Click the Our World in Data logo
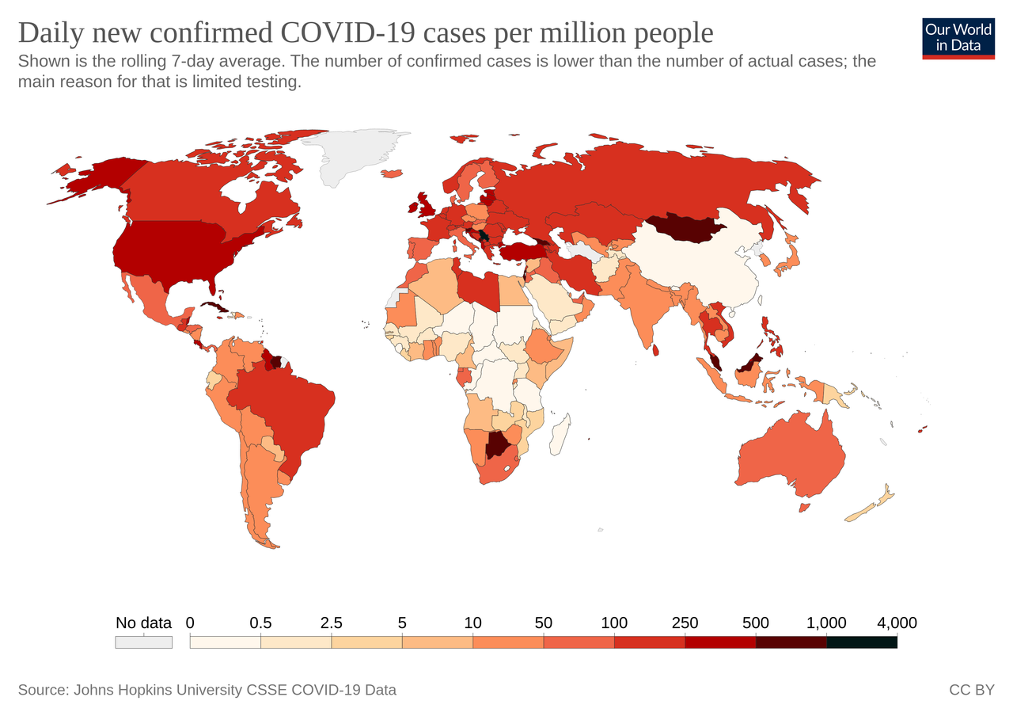coord(958,37)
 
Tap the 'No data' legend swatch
coord(143,642)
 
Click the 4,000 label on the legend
coord(897,623)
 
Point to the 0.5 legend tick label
coord(260,623)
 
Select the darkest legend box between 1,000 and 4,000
coord(862,642)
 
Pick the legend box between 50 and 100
coord(579,642)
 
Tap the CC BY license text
coord(971,690)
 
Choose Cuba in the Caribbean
coord(214,307)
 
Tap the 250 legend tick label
coord(685,623)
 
